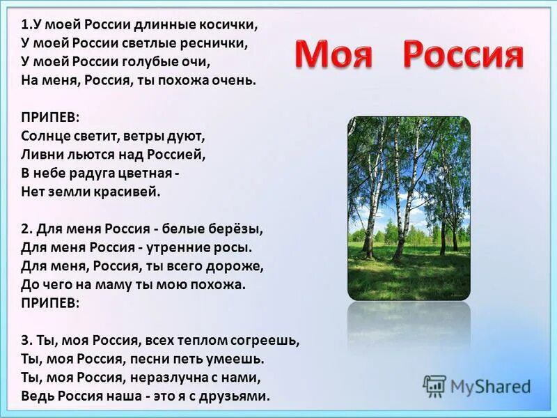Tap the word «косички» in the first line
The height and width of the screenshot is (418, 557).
point(231,25)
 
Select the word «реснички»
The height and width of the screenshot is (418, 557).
point(222,43)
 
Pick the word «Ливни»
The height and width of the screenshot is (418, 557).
point(39,154)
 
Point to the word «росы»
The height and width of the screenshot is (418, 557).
point(233,247)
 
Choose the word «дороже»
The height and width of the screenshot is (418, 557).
point(239,266)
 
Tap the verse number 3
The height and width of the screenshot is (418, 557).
point(25,341)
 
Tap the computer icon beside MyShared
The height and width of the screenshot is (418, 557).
point(434,386)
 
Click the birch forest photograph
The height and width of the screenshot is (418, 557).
point(409,208)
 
